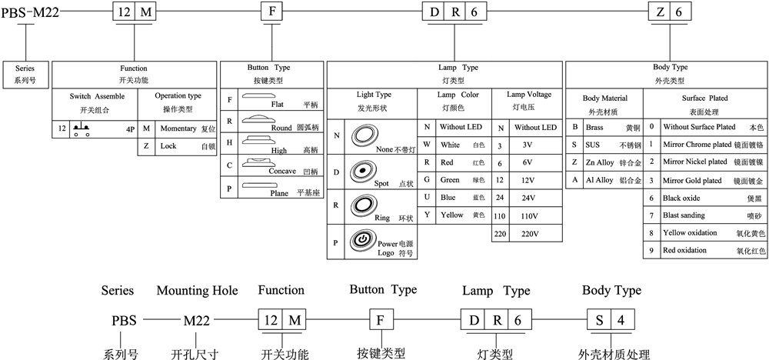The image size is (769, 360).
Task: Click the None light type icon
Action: point(361,135)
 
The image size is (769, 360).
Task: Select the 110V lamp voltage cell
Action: point(527,215)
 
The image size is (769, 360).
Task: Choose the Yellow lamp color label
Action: point(451,215)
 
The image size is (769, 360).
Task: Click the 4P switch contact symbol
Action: point(80,128)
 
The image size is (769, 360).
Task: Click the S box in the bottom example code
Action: point(599,319)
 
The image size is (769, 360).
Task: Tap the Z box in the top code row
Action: point(661,12)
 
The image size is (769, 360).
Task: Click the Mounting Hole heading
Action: point(197,291)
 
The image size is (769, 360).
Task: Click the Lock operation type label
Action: point(168,145)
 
